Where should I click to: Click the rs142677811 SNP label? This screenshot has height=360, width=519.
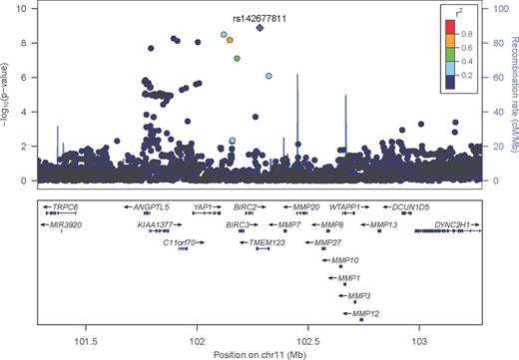coord(260,16)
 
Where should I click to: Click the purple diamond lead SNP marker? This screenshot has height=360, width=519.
coord(259,29)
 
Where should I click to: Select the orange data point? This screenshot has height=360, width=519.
coord(230,41)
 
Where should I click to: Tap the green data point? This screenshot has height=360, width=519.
coord(237,58)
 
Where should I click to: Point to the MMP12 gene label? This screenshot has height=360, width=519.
coord(361,314)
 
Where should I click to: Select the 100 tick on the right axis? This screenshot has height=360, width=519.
coord(491,9)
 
